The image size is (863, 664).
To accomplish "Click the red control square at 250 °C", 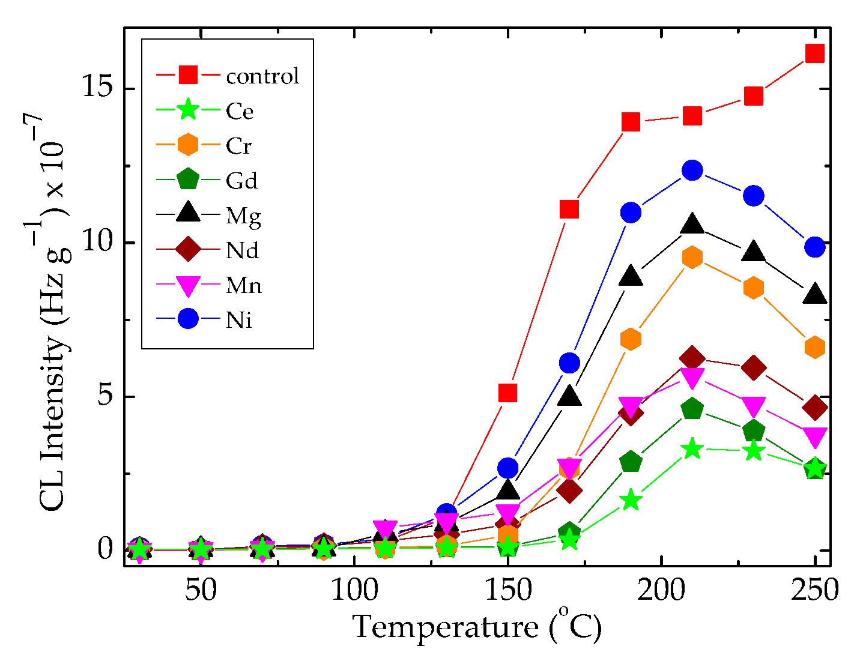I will [x=814, y=53].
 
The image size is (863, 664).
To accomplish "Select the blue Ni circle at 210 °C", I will [x=692, y=171].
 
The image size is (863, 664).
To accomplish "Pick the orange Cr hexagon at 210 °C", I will [x=692, y=258].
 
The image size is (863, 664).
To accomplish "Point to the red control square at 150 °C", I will [x=508, y=393].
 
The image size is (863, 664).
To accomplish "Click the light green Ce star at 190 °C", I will [x=631, y=500].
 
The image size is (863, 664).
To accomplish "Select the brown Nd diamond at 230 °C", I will [x=754, y=367].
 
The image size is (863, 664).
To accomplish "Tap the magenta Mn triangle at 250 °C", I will [x=814, y=436].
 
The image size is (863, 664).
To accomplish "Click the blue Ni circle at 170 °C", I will [x=569, y=363].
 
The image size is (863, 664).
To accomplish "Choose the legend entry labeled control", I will [x=262, y=76].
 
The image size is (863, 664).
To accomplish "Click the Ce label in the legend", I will [x=240, y=111].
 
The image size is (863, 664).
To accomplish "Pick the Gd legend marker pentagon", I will [x=188, y=180].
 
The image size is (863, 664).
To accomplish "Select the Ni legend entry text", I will [x=239, y=320].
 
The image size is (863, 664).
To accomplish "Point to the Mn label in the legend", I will [x=244, y=285].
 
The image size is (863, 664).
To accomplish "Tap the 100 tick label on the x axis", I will [x=354, y=591].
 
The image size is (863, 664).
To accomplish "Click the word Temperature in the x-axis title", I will [x=445, y=628].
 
